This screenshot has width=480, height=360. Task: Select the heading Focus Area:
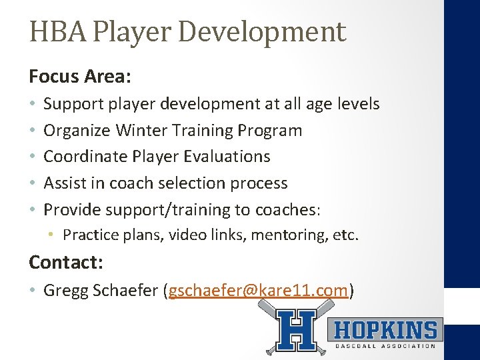(79, 77)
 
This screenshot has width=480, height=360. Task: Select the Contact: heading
(65, 262)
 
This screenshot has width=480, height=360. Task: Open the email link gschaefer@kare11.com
(259, 291)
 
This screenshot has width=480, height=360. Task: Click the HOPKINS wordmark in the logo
(385, 330)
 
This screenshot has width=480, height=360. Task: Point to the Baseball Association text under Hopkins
(385, 346)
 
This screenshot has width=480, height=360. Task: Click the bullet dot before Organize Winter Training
(33, 131)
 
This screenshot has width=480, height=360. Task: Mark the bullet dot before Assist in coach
(33, 184)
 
